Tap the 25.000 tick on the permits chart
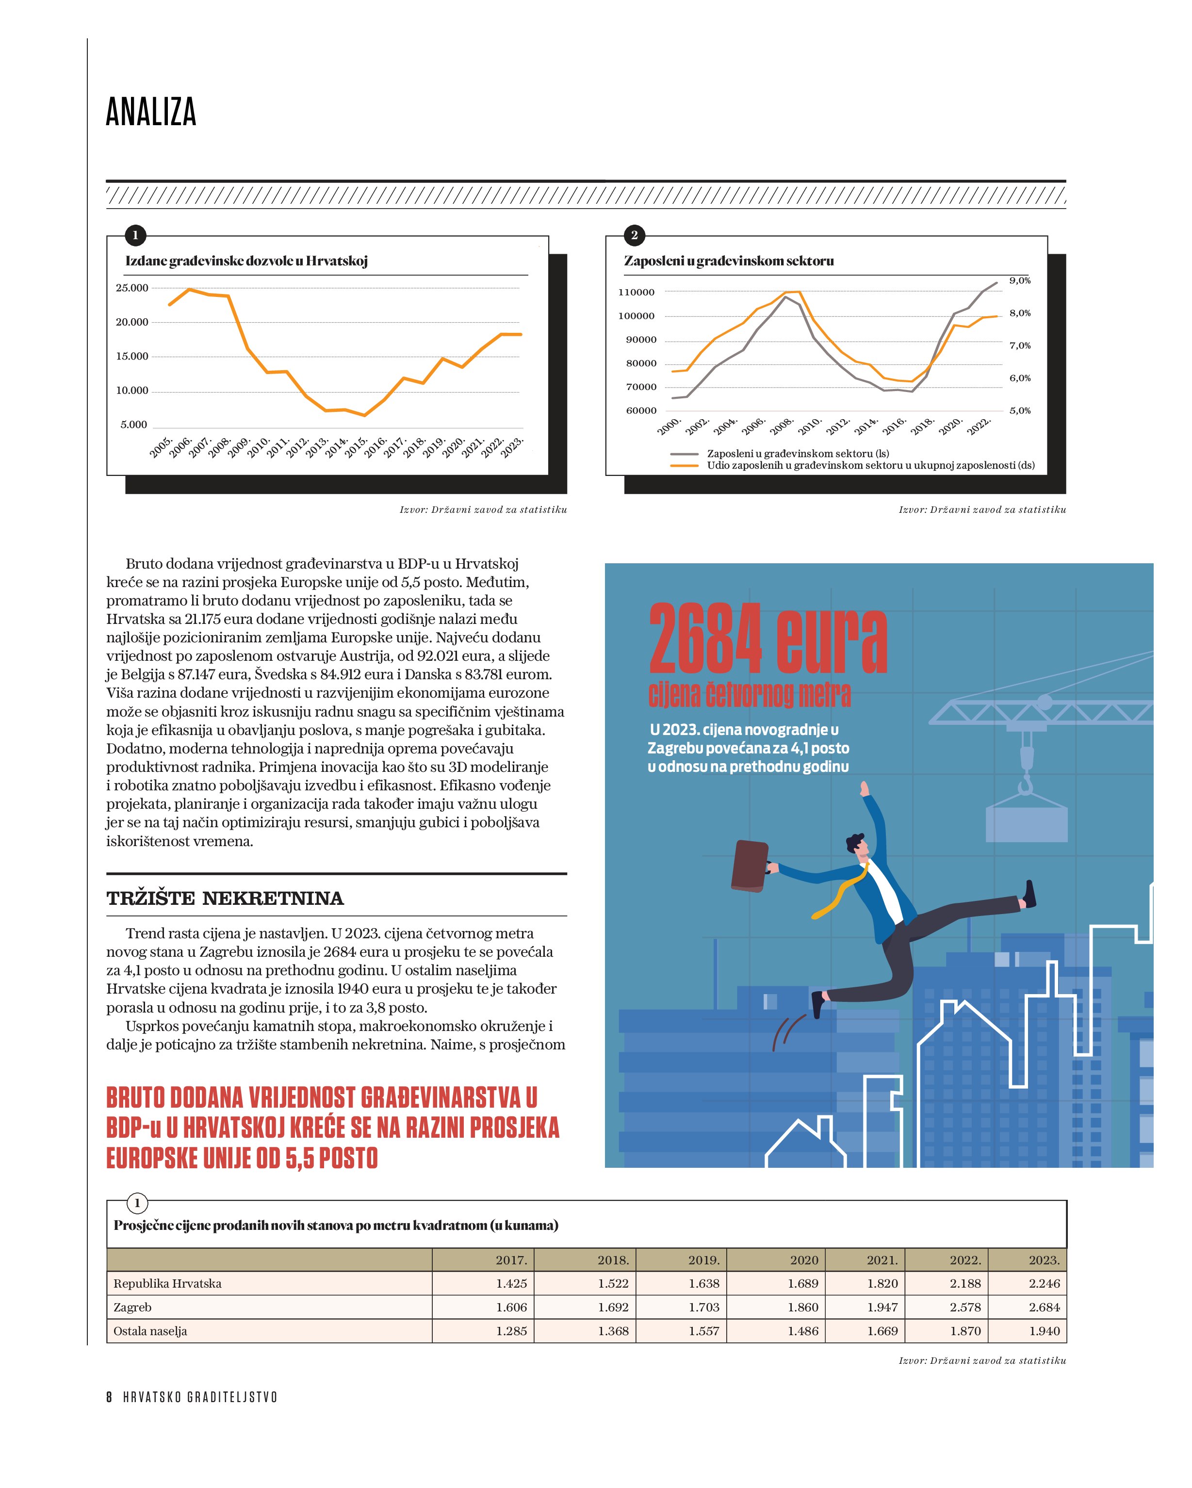coord(132,288)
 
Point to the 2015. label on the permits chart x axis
coord(356,447)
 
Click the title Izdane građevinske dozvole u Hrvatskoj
coord(246,261)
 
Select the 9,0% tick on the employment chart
coord(1019,280)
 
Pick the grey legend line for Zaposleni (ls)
coord(684,454)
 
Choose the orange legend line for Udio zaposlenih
coord(684,466)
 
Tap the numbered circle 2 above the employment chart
coord(634,235)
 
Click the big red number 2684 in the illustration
coord(705,638)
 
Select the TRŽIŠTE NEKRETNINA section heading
coord(225,899)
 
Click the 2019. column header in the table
coord(703,1260)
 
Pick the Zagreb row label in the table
coord(132,1307)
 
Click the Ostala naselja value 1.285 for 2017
coord(511,1331)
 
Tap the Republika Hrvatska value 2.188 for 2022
coord(965,1284)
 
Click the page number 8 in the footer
coord(109,1397)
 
